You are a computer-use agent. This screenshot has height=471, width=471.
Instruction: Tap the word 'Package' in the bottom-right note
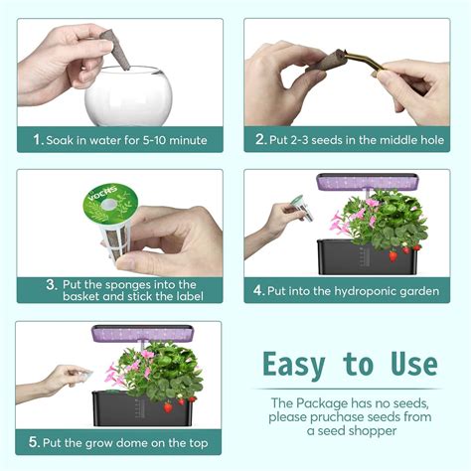point(342,403)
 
